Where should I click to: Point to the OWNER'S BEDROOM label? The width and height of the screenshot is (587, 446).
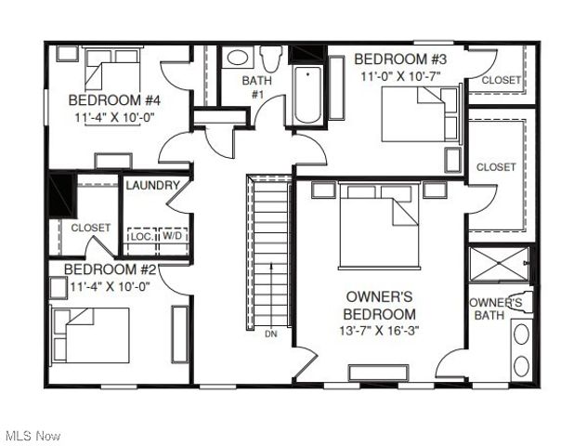pos(381,305)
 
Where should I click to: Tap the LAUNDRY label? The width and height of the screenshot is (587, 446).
pos(152,186)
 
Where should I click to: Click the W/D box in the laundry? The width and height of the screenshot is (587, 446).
pos(174,237)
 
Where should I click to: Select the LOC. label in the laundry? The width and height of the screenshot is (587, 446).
pos(140,237)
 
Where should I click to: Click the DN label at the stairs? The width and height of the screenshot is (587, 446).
pos(270,334)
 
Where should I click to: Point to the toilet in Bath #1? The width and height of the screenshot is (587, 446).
pos(271,59)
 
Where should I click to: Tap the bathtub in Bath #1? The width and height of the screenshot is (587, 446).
pos(307,94)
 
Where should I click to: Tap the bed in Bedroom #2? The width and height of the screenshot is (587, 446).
pos(90,334)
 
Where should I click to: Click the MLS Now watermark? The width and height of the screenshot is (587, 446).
pos(33,436)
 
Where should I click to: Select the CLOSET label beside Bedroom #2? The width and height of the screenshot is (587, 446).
pos(91,228)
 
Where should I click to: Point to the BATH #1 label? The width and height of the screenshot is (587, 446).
pos(257,87)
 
